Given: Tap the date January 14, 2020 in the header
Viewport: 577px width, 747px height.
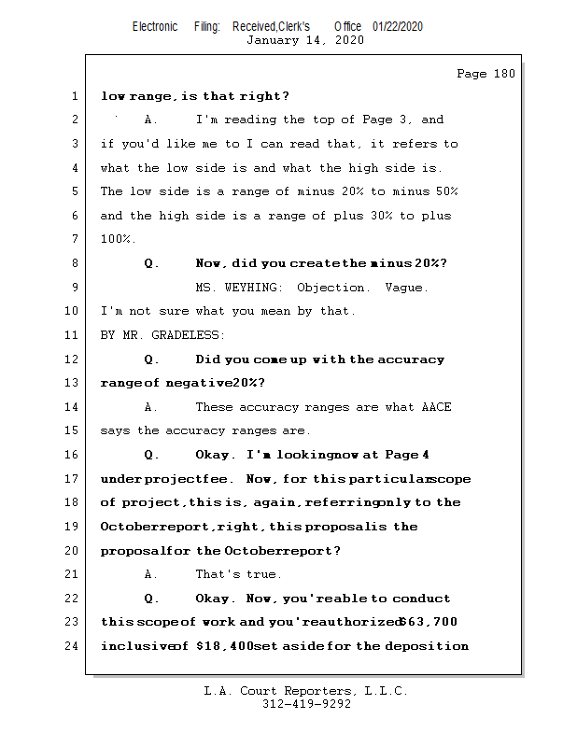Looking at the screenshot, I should [304, 40].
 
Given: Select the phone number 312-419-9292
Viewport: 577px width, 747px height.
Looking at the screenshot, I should [306, 704].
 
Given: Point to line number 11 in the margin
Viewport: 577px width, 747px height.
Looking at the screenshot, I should [74, 335].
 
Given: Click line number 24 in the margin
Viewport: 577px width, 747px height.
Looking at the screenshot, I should [74, 646].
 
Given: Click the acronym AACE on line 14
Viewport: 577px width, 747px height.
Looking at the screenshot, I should [436, 407].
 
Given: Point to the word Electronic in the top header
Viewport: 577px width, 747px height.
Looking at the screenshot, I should [155, 26].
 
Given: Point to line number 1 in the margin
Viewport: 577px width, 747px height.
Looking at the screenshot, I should [74, 96].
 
